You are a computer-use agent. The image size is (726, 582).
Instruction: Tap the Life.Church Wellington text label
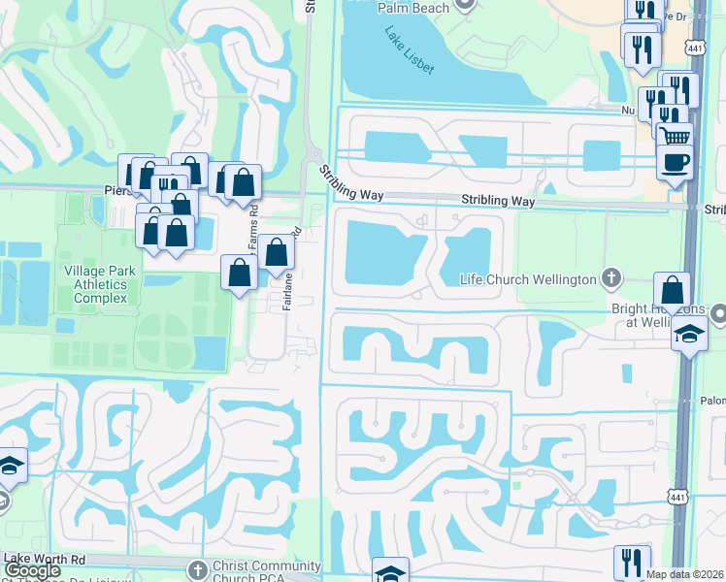527,279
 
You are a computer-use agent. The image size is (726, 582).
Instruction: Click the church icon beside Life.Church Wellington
610,278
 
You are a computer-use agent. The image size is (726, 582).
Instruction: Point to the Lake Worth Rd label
46,560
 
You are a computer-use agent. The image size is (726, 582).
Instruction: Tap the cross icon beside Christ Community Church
197,569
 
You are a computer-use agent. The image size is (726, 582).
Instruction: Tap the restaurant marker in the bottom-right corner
632,562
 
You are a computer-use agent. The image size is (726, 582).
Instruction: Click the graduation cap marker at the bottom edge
390,572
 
